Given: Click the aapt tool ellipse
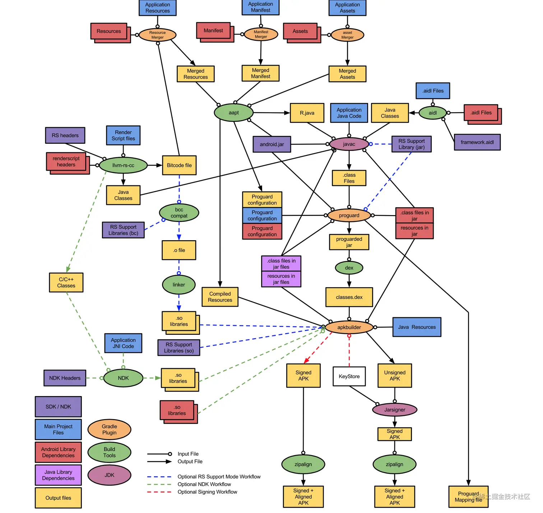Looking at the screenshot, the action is coord(234,113).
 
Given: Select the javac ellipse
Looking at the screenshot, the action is coord(349,144).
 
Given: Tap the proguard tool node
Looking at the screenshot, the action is coord(349,215).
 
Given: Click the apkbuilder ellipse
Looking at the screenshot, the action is coord(349,327).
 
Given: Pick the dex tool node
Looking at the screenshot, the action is coord(349,268).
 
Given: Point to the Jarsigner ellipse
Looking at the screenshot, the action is coord(395,410).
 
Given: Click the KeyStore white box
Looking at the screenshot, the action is coord(349,376).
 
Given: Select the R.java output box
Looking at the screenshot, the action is coord(307,113).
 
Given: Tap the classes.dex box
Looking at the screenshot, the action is coord(349,297).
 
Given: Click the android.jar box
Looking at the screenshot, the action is coord(272,144).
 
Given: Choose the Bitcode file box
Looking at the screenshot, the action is coord(179,165).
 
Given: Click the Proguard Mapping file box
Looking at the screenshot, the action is coord(468,497).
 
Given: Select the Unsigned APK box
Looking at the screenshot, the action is coord(395,376).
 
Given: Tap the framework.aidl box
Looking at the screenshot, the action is coord(477,142).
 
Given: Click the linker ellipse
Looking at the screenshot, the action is coord(179,285).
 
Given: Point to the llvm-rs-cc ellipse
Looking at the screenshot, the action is coord(123,165).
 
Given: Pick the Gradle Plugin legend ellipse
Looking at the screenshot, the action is coord(109,429).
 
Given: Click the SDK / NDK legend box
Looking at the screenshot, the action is coord(58,407).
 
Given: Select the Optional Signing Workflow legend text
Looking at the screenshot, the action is coord(207,492).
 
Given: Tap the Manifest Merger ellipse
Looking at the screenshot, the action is coord(261,34).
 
